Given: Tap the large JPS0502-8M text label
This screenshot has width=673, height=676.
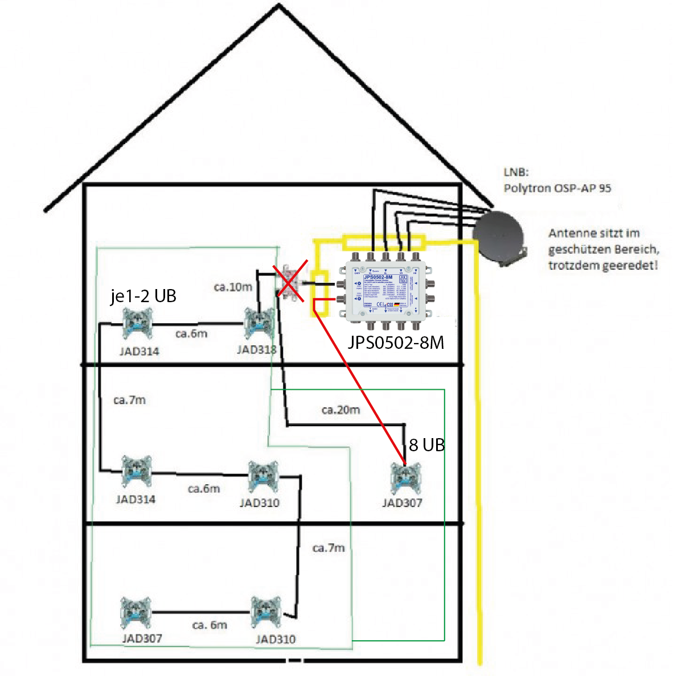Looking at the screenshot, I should (x=396, y=342).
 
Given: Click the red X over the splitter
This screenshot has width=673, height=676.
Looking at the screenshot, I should (x=290, y=281).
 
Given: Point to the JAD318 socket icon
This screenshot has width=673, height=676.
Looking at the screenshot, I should (x=259, y=323).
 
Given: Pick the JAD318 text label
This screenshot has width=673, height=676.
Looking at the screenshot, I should (x=257, y=349).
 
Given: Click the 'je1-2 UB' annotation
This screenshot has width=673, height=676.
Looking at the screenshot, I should (x=143, y=296).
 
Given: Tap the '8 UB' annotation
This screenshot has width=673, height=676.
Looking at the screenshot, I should (x=426, y=445).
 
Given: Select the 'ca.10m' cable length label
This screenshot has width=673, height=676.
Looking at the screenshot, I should (x=233, y=287).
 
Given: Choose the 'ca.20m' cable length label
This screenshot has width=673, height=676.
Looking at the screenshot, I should (x=340, y=410).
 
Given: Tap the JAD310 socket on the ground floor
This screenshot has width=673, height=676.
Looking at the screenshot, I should (x=266, y=612).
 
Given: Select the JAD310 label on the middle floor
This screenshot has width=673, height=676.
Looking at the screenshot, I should (x=260, y=503).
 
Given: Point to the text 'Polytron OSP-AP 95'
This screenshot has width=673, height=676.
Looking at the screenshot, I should (x=557, y=188).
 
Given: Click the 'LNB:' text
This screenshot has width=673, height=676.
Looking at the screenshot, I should (x=516, y=172).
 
